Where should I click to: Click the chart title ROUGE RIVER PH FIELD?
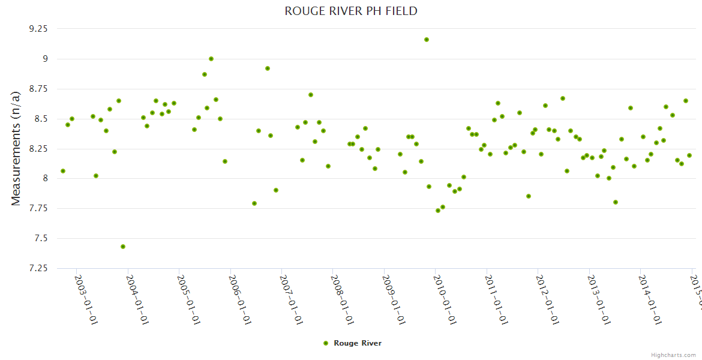(x=351, y=11)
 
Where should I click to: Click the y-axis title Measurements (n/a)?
(x=16, y=148)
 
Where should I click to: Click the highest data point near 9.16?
(x=427, y=40)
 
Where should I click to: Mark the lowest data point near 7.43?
(x=123, y=247)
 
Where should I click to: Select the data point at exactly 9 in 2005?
(x=211, y=59)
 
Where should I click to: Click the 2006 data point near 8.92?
(x=268, y=68)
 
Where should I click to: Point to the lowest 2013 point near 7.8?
(x=616, y=202)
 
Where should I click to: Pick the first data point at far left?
(x=63, y=171)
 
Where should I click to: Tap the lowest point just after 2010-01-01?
(x=438, y=211)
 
